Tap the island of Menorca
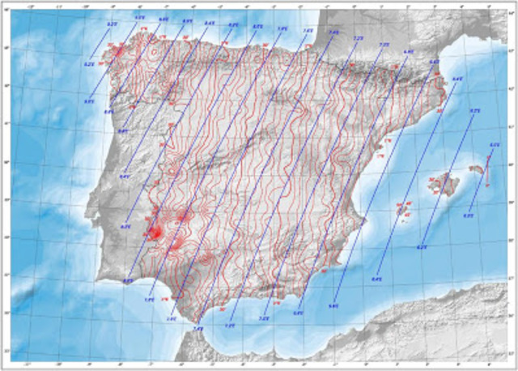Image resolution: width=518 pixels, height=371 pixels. click(x=477, y=169)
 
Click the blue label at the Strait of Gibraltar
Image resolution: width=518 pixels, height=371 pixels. click(x=198, y=329)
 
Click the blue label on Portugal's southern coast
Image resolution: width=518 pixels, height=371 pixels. click(x=127, y=280)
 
